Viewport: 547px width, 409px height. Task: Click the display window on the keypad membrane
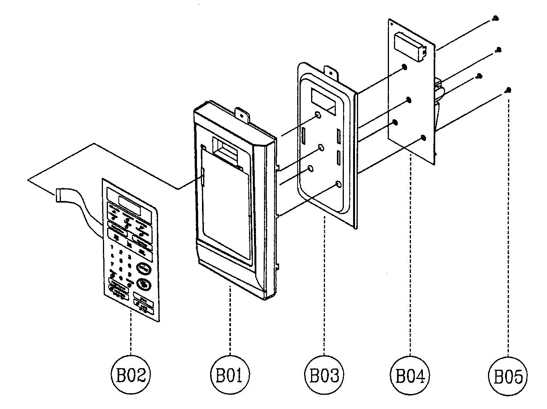pos(130,201)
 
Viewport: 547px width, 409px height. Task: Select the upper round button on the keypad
pos(143,267)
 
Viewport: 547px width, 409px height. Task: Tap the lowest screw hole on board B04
pos(423,137)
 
